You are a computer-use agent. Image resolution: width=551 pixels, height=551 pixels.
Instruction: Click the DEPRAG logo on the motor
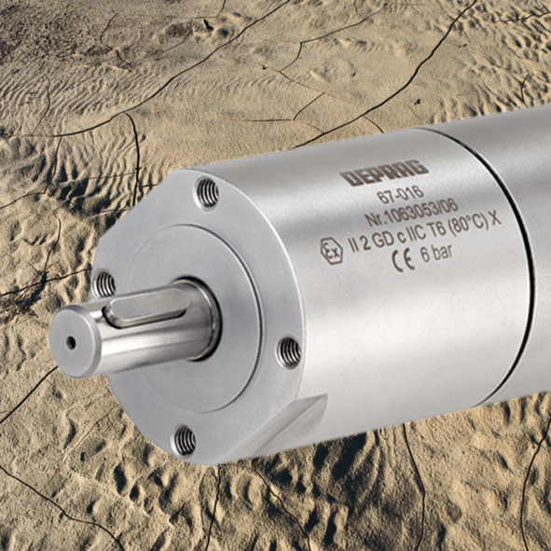tap(384, 172)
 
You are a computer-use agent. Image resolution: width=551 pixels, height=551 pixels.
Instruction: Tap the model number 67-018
tap(400, 194)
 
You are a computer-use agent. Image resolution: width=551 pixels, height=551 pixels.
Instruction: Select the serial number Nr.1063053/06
tap(411, 212)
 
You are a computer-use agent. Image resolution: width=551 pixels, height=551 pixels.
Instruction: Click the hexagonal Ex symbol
tap(331, 251)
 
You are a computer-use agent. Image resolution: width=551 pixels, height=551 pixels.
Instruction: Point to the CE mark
tap(403, 260)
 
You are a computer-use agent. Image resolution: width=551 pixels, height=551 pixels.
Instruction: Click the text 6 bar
tap(436, 253)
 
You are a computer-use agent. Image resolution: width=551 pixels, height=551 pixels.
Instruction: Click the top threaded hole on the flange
tap(207, 193)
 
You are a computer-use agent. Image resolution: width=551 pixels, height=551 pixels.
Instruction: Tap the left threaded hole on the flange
tap(104, 284)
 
